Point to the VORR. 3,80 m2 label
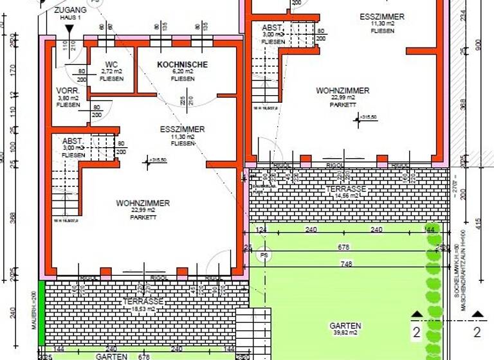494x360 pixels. pyautogui.click(x=68, y=97)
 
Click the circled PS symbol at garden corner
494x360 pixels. pyautogui.click(x=262, y=256)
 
